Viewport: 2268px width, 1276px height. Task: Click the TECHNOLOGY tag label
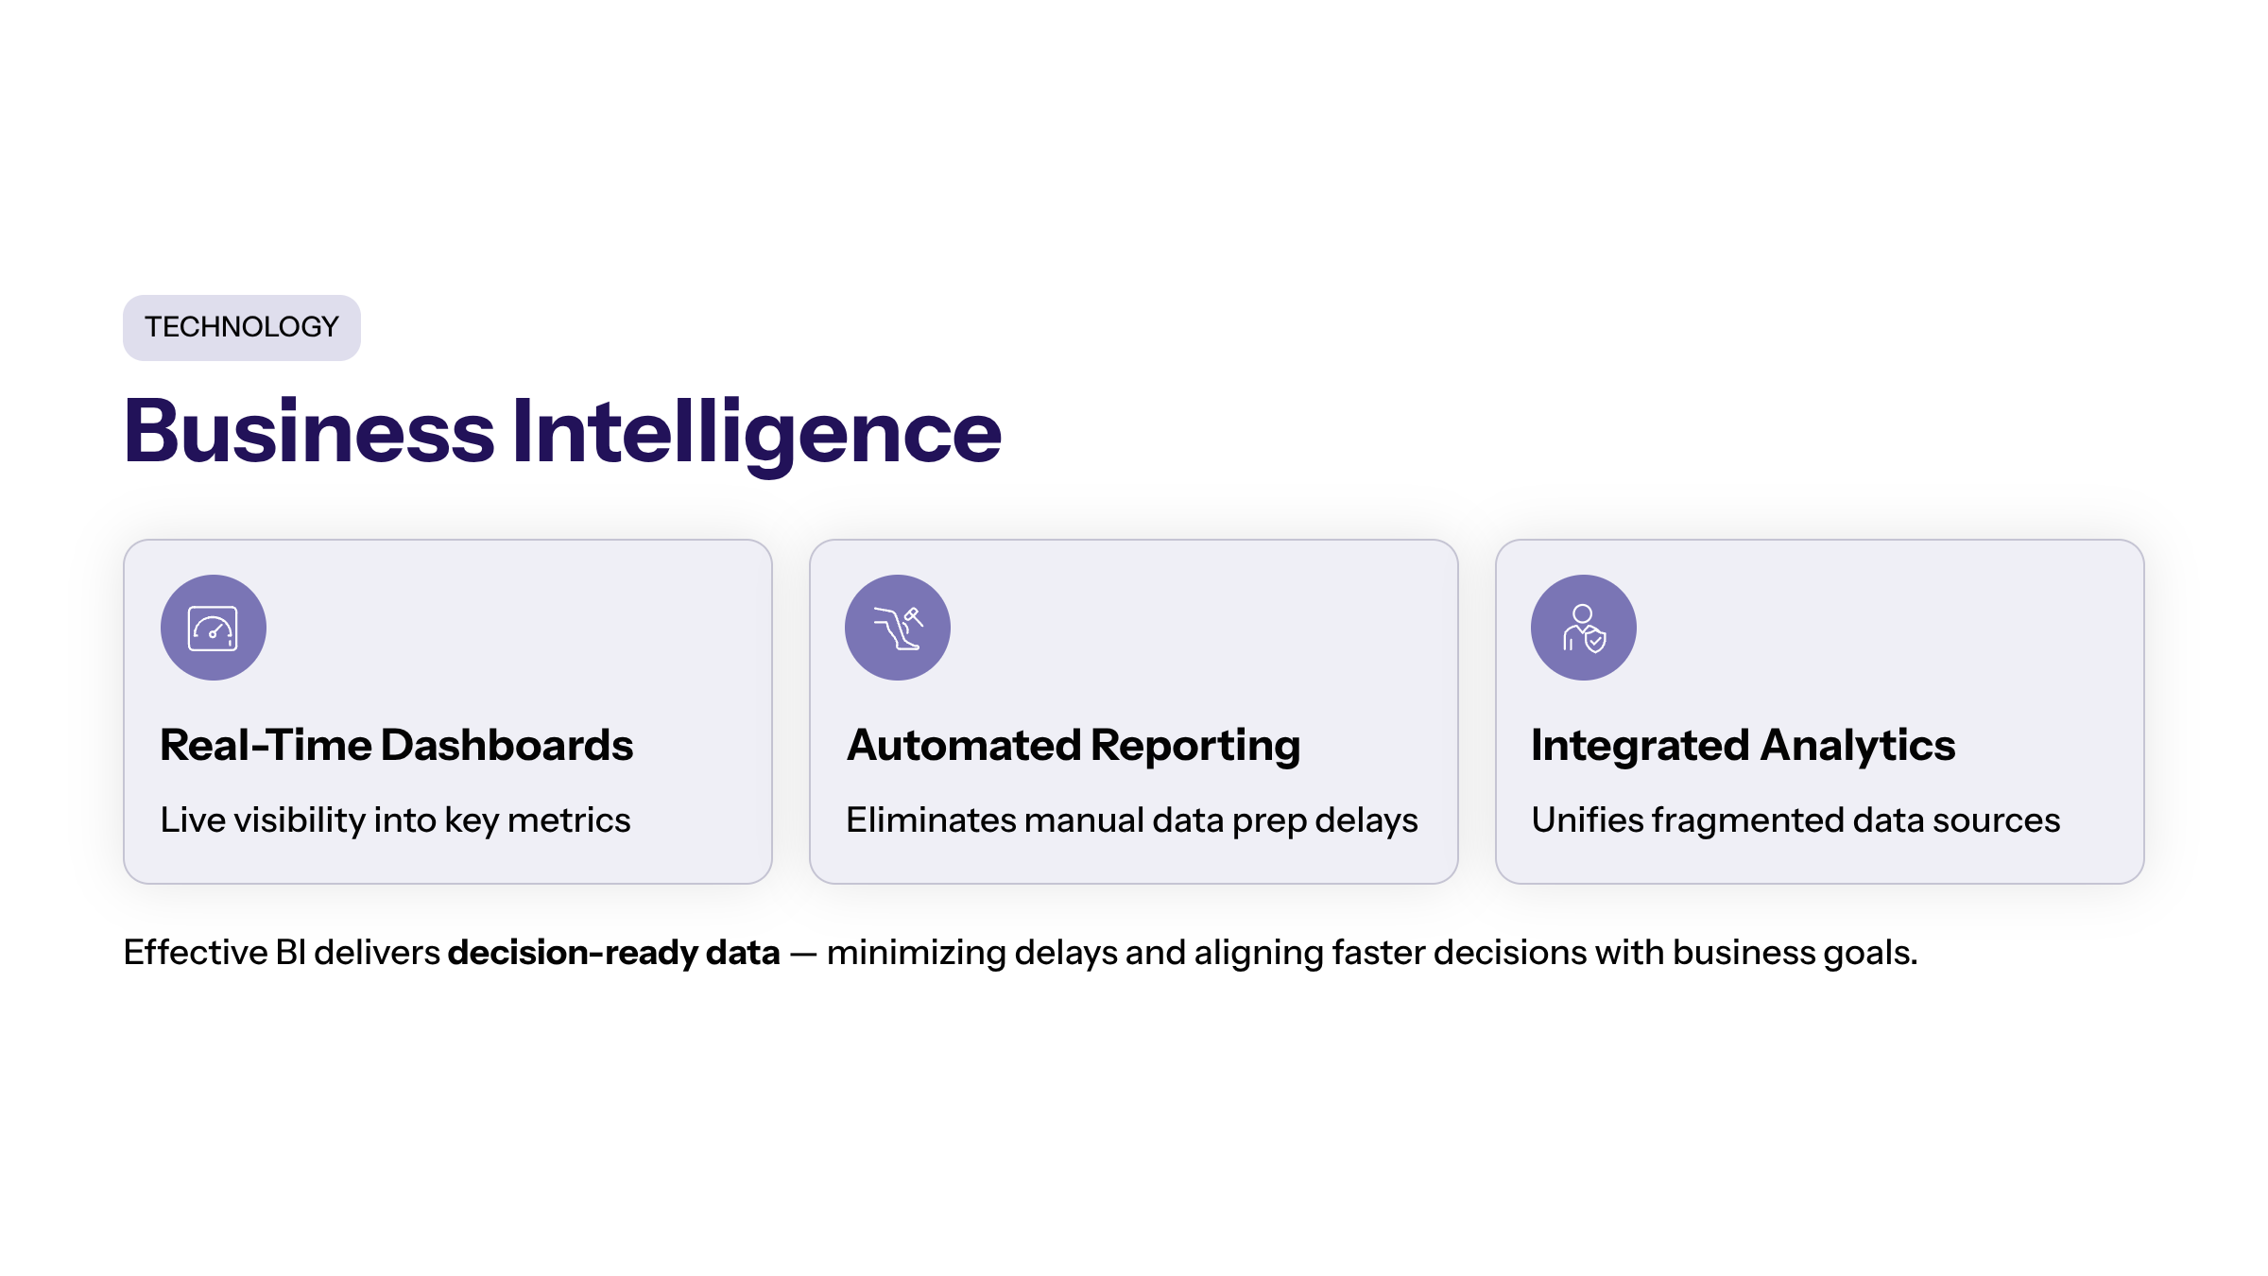tap(241, 327)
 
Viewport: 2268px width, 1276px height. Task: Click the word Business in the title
tap(309, 431)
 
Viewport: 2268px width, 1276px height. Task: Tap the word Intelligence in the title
tap(757, 435)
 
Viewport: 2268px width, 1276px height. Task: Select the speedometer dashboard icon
tap(213, 628)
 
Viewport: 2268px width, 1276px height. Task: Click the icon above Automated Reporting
tap(898, 628)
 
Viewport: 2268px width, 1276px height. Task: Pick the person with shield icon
tap(1584, 628)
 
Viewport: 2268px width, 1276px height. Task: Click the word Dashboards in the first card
tap(507, 745)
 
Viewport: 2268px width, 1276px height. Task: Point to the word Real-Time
tap(266, 745)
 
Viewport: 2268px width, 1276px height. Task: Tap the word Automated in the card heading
tap(964, 745)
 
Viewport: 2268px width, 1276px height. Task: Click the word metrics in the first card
tap(569, 820)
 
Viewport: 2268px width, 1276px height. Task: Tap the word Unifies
tap(1588, 820)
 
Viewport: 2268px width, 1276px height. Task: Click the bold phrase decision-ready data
tap(614, 954)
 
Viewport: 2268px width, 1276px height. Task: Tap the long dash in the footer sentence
tap(803, 955)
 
